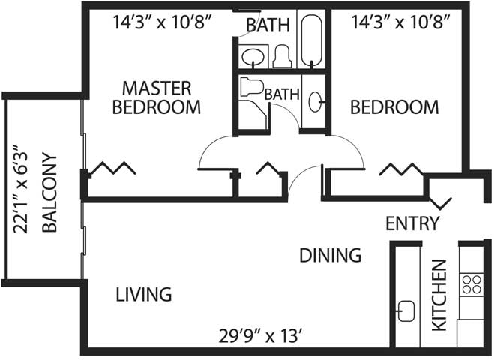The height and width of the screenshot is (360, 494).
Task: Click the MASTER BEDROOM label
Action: (157, 97)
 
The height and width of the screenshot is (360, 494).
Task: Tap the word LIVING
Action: (144, 295)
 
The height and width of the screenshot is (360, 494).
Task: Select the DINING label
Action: (330, 255)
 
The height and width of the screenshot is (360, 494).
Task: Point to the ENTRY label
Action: (412, 223)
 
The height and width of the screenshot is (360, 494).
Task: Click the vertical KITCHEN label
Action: (439, 295)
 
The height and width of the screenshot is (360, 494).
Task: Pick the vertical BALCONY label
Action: (49, 193)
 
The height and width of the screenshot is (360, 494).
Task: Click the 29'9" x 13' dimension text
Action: (262, 336)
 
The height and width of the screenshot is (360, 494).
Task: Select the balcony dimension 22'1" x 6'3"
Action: (21, 189)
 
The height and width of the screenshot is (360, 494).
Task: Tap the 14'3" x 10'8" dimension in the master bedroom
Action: (161, 22)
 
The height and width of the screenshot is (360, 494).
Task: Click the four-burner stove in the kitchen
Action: (472, 284)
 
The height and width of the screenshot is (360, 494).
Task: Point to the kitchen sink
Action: (406, 310)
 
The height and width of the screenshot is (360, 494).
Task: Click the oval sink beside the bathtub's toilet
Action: (253, 57)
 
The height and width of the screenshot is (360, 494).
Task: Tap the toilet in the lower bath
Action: (251, 87)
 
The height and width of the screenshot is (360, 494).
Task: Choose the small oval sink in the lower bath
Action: (315, 101)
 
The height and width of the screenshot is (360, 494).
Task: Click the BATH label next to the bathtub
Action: (268, 25)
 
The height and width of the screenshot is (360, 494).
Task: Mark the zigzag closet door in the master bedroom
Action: (112, 168)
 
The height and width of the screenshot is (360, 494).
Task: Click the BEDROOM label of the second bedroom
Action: (394, 106)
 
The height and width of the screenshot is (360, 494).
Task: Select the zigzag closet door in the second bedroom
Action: (401, 169)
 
